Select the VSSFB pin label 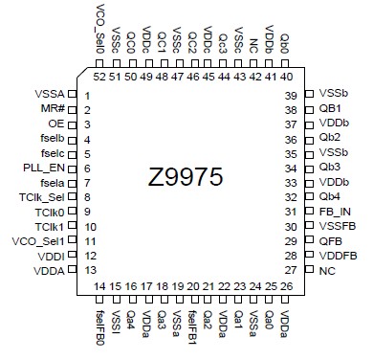(x=336, y=227)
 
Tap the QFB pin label (x=330, y=241)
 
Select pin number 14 (x=100, y=286)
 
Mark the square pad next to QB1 (x=308, y=110)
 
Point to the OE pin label (x=55, y=124)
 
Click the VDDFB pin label (x=336, y=256)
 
